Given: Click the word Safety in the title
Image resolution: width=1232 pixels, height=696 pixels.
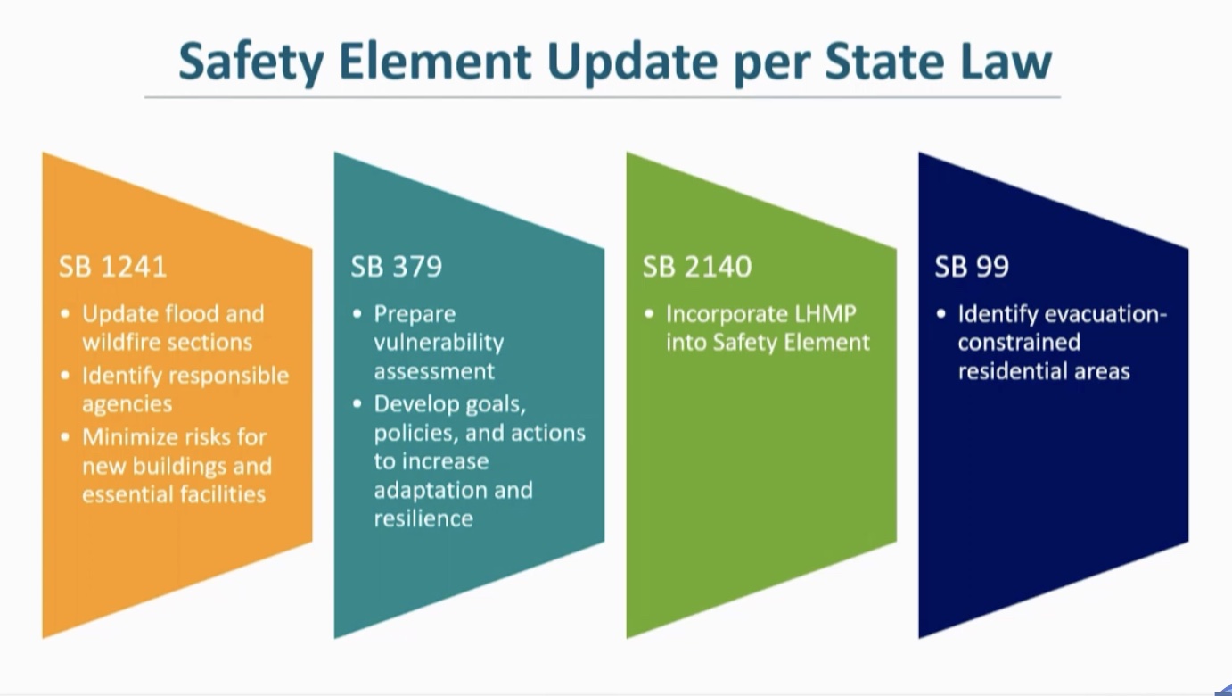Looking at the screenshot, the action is [251, 62].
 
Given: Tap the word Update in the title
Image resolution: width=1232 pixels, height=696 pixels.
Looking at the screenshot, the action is [633, 62].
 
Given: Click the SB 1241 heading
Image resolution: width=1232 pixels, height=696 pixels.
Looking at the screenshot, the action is [112, 267].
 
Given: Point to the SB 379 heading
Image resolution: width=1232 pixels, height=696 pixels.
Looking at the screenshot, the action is [397, 267].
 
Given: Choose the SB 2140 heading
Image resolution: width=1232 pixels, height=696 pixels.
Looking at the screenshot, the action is [697, 267].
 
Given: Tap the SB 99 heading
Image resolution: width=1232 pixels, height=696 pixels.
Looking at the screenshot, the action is [972, 267].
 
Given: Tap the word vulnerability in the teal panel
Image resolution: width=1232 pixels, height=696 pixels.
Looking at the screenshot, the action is [439, 344].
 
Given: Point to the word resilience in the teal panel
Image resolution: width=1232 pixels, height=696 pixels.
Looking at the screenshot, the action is [423, 518].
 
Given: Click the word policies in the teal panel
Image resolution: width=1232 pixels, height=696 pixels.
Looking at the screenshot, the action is [416, 434].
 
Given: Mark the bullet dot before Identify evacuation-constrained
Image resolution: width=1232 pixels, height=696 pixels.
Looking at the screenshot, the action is [941, 314].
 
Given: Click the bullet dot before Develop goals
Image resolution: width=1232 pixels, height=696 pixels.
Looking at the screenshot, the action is [357, 404].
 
